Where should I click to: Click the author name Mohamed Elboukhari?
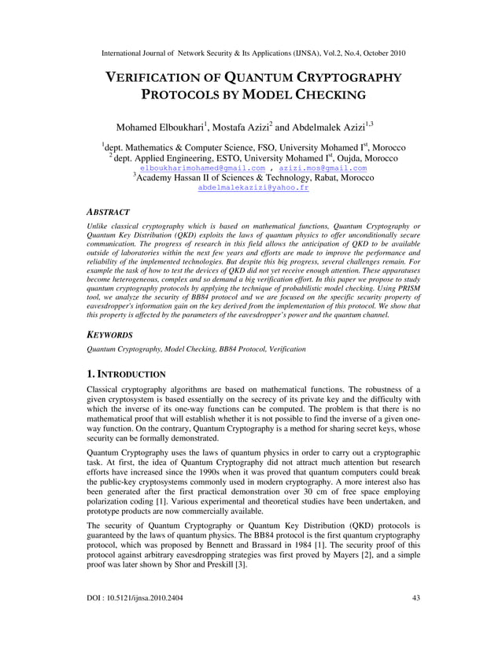pos(160,127)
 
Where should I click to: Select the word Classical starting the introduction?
pos(105,389)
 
